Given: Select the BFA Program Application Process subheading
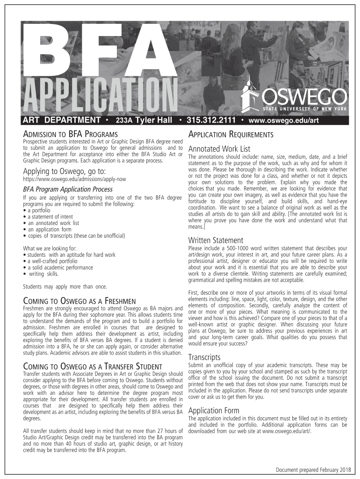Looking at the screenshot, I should click(x=68, y=189).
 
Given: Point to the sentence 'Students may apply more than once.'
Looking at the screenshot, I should click(x=65, y=286).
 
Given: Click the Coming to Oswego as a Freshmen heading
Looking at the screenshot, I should click(x=79, y=300).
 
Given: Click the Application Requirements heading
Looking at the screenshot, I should click(x=230, y=135).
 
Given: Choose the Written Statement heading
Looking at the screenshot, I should click(x=216, y=240).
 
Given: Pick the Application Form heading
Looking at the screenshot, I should click(x=214, y=411).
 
